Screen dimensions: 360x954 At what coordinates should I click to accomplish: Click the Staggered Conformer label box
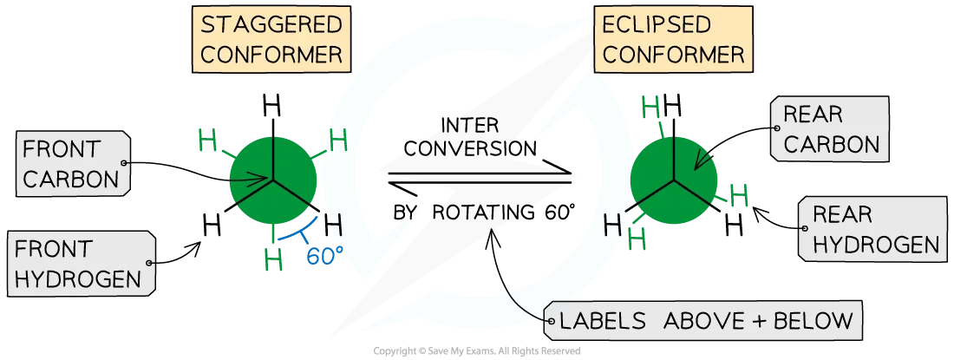271,39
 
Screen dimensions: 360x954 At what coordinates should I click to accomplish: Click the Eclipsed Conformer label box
672,39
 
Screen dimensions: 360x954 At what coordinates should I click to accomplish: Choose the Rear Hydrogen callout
871,230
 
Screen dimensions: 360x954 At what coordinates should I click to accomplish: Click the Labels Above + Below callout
704,322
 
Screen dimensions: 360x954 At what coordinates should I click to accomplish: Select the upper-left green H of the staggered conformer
209,138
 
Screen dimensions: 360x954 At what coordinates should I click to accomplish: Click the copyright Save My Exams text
476,351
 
